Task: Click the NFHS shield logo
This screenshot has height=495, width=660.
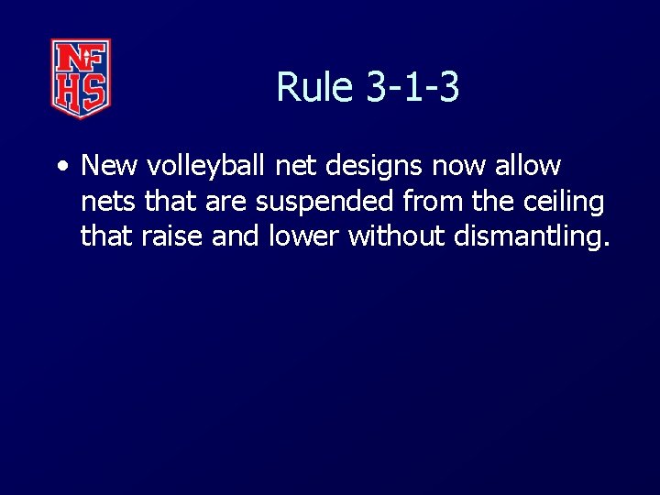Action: [x=81, y=78]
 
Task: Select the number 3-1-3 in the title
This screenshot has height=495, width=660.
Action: [x=412, y=88]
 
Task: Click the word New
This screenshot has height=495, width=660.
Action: [x=110, y=166]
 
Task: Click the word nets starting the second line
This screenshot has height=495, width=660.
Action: [x=107, y=202]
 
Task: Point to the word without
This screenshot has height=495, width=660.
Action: [x=394, y=236]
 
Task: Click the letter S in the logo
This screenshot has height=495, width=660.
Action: [x=94, y=92]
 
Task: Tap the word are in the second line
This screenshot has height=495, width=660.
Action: [x=225, y=202]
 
